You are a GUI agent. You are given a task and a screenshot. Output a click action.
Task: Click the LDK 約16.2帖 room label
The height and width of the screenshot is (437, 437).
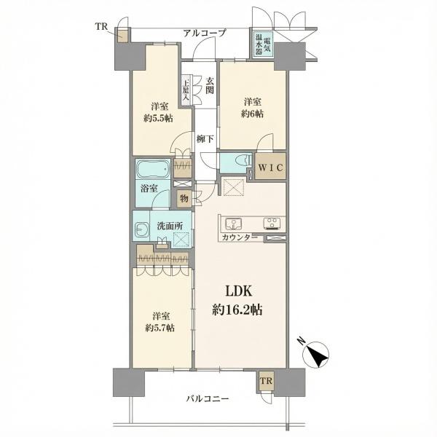(x=237, y=300)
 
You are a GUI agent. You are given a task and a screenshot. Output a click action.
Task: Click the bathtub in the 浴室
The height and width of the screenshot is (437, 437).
(x=153, y=169)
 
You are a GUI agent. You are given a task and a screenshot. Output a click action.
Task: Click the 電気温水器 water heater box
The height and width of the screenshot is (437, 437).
(x=263, y=44)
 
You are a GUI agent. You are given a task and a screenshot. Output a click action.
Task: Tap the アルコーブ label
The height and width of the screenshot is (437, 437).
(x=204, y=34)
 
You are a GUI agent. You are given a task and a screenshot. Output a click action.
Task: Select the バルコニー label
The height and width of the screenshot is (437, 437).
(x=208, y=399)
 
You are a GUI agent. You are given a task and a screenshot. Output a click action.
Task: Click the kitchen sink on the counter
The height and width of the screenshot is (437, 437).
(x=234, y=224)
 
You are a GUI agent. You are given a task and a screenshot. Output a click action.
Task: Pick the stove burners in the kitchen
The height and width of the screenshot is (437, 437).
(x=272, y=224)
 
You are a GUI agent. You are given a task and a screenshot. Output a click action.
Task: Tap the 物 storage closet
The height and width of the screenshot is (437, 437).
(x=184, y=199)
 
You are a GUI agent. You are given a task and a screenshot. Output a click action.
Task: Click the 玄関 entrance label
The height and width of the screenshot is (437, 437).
(x=210, y=85)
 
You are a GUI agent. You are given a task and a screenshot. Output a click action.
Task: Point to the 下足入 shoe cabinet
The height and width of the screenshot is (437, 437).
(x=186, y=90)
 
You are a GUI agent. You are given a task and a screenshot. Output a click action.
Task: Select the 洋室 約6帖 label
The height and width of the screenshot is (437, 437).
(x=253, y=108)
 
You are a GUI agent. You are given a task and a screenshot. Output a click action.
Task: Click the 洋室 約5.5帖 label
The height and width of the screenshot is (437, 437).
(x=158, y=112)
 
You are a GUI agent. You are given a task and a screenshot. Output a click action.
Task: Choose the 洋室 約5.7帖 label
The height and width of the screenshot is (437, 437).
(x=160, y=322)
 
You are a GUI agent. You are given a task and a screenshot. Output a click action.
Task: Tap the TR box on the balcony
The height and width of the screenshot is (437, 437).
(x=266, y=381)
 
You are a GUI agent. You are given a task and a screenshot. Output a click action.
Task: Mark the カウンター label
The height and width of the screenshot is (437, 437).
(x=240, y=237)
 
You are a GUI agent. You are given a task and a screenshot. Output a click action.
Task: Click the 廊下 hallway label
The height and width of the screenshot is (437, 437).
(x=205, y=139)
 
